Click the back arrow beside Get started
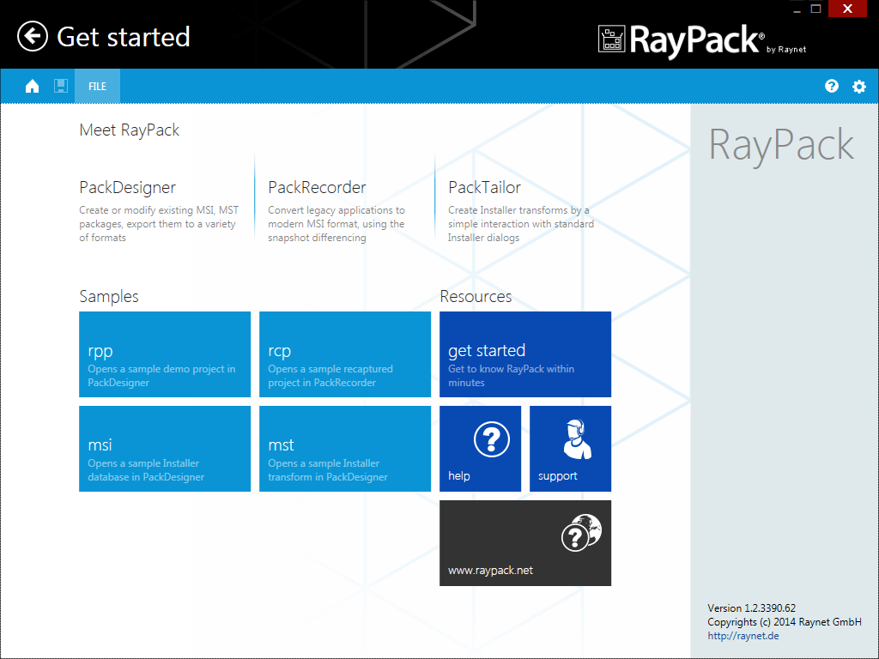point(33,37)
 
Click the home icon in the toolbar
point(33,86)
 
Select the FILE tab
point(97,87)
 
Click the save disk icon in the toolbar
point(61,86)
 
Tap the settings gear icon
point(858,87)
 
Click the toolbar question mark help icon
point(831,86)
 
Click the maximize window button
point(816,9)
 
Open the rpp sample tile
point(165,354)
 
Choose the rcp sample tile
point(345,354)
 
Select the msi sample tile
point(165,449)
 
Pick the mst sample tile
point(345,449)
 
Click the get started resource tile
point(525,354)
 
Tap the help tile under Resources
point(480,449)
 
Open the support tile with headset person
point(570,449)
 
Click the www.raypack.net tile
point(525,543)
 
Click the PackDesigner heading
point(128,187)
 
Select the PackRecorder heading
point(317,187)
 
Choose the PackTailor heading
point(484,187)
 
